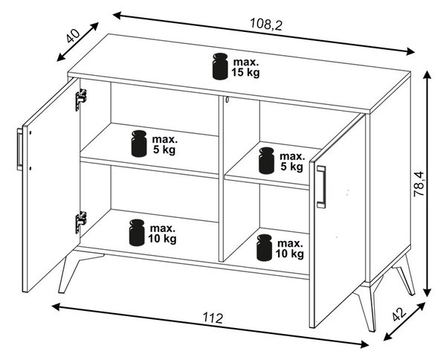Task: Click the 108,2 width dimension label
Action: click(x=265, y=24)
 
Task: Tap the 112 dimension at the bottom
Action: click(x=213, y=318)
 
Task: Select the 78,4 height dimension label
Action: click(x=418, y=184)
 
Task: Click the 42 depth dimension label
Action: click(x=398, y=314)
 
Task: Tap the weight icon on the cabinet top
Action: click(x=220, y=66)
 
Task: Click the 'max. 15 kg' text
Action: click(x=246, y=68)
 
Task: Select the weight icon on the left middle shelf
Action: click(x=139, y=144)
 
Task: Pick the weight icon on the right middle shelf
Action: click(x=267, y=161)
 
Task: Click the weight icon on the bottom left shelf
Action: click(x=137, y=233)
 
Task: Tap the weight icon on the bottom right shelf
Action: click(x=264, y=248)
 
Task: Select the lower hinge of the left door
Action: click(x=81, y=222)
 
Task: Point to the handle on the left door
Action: click(x=19, y=150)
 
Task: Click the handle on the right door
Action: click(x=321, y=187)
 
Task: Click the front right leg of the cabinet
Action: click(x=367, y=307)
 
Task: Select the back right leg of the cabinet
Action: click(x=405, y=277)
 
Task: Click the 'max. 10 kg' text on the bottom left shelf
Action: click(x=162, y=234)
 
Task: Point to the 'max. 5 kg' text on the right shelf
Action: click(x=292, y=161)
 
